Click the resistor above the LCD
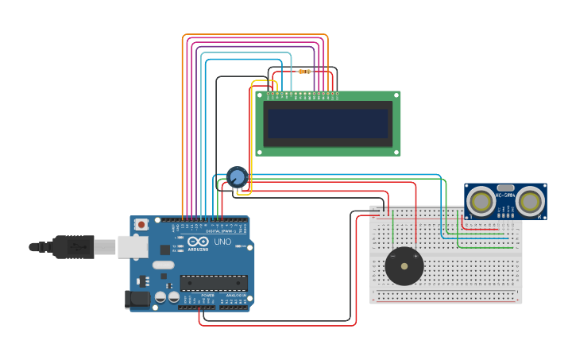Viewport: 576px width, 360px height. coord(303,72)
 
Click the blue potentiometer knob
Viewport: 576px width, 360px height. coord(237,176)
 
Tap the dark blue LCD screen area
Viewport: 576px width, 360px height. coord(327,123)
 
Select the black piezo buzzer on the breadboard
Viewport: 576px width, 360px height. coord(404,266)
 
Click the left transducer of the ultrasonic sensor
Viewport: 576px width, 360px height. coord(481,201)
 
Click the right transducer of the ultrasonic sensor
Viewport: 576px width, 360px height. coord(530,201)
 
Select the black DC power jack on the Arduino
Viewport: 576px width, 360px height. coord(137,300)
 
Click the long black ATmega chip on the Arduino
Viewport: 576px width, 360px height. coord(213,282)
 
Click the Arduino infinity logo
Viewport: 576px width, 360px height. coord(199,241)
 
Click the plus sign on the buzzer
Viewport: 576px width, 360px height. coord(416,256)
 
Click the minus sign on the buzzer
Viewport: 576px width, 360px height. coord(392,256)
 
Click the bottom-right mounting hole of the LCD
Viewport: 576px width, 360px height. coord(396,151)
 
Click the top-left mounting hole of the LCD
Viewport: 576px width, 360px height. coord(259,95)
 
